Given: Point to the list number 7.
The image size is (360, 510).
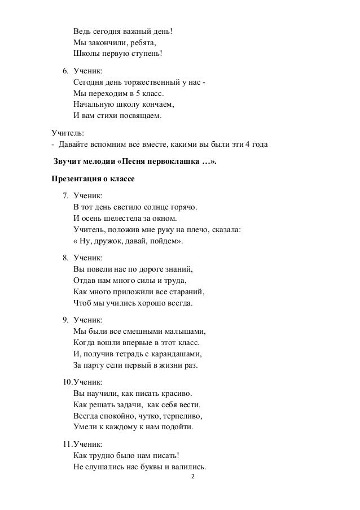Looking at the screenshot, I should tap(64, 196).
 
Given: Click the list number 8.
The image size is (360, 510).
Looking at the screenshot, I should tap(64, 259).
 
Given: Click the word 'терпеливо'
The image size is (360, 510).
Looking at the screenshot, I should tap(182, 416).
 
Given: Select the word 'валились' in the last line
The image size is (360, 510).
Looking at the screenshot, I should tap(190, 467).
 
